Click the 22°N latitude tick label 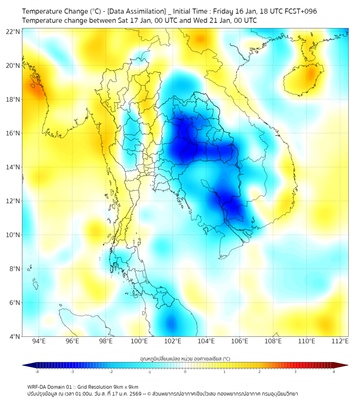coord(13,32)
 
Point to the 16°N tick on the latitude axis coord(13,133)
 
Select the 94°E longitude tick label coord(39,341)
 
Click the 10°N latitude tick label coord(13,235)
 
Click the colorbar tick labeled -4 coord(36,372)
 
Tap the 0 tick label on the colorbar coord(185,372)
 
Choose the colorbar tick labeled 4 coord(334,372)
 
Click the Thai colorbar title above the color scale coord(185,358)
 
